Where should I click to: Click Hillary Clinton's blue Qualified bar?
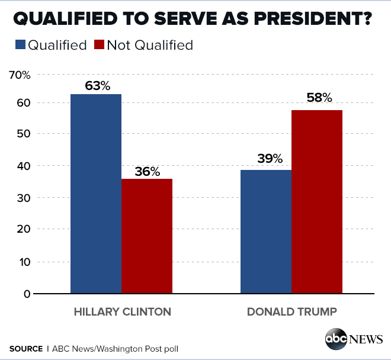(96, 194)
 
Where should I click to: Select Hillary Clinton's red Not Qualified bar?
(147, 236)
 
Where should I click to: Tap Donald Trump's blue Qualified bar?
(266, 232)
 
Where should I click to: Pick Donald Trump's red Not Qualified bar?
(317, 201)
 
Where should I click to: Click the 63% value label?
(98, 86)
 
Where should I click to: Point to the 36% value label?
(147, 172)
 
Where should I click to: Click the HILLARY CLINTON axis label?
(122, 312)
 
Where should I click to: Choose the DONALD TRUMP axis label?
(291, 312)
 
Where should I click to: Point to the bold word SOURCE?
(26, 349)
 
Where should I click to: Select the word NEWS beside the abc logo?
(366, 339)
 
